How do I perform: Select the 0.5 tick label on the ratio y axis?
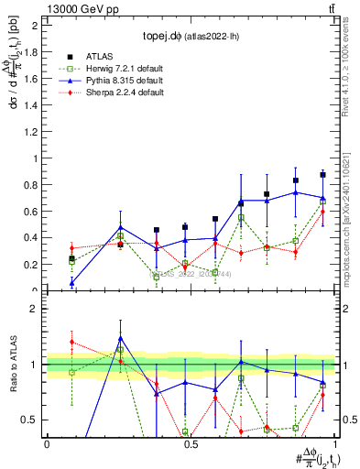point(31,420)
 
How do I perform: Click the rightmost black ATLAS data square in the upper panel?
point(322,174)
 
